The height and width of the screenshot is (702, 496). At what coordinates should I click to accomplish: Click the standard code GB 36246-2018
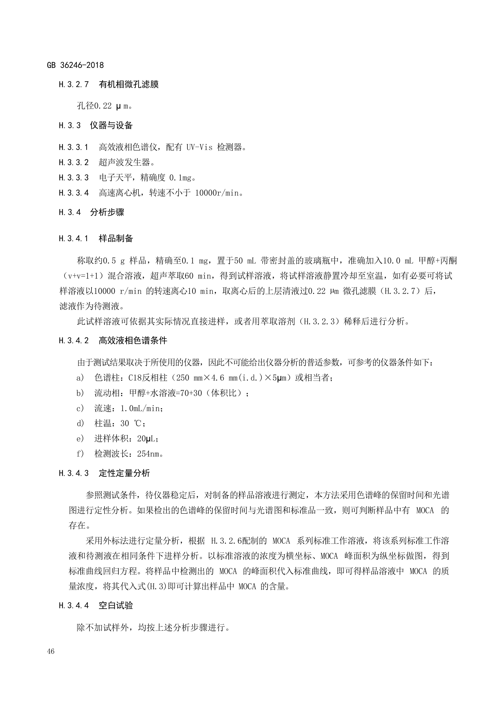(x=75, y=65)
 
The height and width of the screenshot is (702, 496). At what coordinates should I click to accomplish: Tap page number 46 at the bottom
(x=51, y=651)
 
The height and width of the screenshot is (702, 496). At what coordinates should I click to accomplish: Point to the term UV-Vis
(x=199, y=147)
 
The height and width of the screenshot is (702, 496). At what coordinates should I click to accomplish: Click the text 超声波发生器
(x=124, y=162)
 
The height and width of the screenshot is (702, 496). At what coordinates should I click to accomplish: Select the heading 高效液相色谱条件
(x=133, y=341)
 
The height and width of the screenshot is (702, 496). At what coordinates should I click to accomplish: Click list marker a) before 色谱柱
(x=80, y=378)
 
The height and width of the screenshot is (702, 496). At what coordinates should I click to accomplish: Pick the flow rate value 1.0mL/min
(x=140, y=408)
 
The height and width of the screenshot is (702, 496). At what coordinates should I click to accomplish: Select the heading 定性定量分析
(x=124, y=473)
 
